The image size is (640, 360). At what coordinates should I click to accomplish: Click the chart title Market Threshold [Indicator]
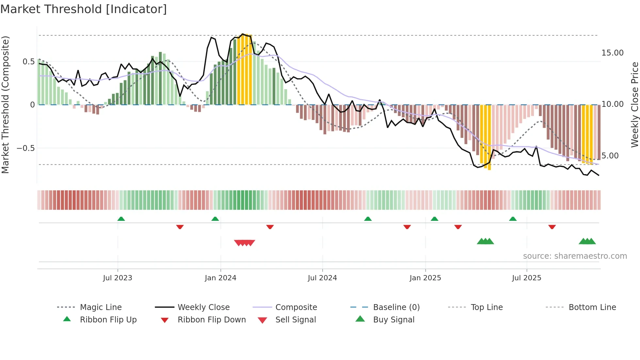point(84,9)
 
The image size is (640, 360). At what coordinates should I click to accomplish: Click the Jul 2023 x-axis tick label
point(118,278)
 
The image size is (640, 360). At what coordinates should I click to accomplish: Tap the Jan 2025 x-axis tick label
point(425,278)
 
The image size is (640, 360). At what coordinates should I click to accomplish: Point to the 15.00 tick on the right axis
point(612,53)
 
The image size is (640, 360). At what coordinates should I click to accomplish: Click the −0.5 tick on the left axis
point(25,148)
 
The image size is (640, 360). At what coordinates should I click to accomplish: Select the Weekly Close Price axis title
point(634,105)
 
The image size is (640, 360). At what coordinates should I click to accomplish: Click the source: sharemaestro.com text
point(575,256)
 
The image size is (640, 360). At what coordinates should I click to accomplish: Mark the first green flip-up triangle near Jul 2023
point(121,219)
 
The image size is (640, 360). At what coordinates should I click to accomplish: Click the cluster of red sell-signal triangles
point(245,243)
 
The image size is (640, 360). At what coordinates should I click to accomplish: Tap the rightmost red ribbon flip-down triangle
point(552,227)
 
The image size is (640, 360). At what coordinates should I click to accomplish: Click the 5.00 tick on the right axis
point(610,156)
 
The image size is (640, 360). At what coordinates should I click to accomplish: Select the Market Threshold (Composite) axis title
point(5,105)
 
